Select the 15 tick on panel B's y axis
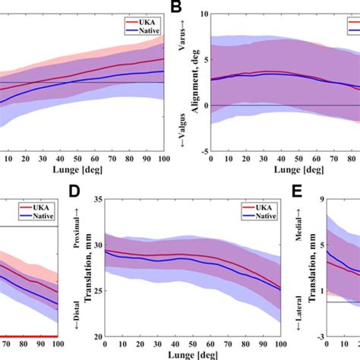pos(201,14)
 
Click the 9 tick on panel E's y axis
pos(321,199)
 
